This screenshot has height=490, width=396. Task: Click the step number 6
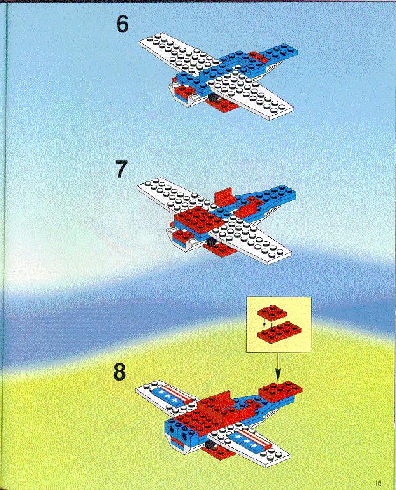click(122, 24)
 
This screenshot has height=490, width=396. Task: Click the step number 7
click(121, 169)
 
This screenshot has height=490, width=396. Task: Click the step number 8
click(119, 372)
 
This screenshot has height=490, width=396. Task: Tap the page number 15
click(378, 483)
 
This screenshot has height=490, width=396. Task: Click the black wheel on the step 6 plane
click(214, 97)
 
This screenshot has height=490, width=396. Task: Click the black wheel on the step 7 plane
click(211, 242)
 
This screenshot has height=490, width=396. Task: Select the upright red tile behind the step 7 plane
click(224, 196)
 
